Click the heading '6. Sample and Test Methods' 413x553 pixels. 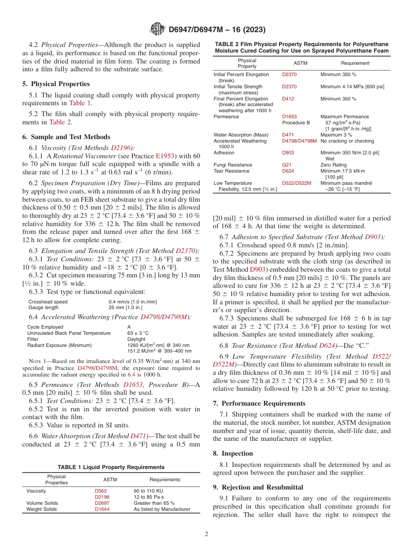click(x=67, y=137)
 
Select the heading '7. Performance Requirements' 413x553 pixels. click(x=259, y=403)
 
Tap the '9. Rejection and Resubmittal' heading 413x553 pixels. click(x=260, y=487)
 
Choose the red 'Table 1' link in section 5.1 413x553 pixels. click(x=80, y=103)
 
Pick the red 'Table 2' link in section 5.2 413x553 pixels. click(x=60, y=122)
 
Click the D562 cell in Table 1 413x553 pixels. click(x=100, y=491)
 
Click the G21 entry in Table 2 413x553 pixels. click(x=286, y=165)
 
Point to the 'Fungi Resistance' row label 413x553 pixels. click(x=233, y=165)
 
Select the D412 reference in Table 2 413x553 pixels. click(x=288, y=99)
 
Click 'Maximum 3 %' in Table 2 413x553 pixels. click(x=336, y=135)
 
